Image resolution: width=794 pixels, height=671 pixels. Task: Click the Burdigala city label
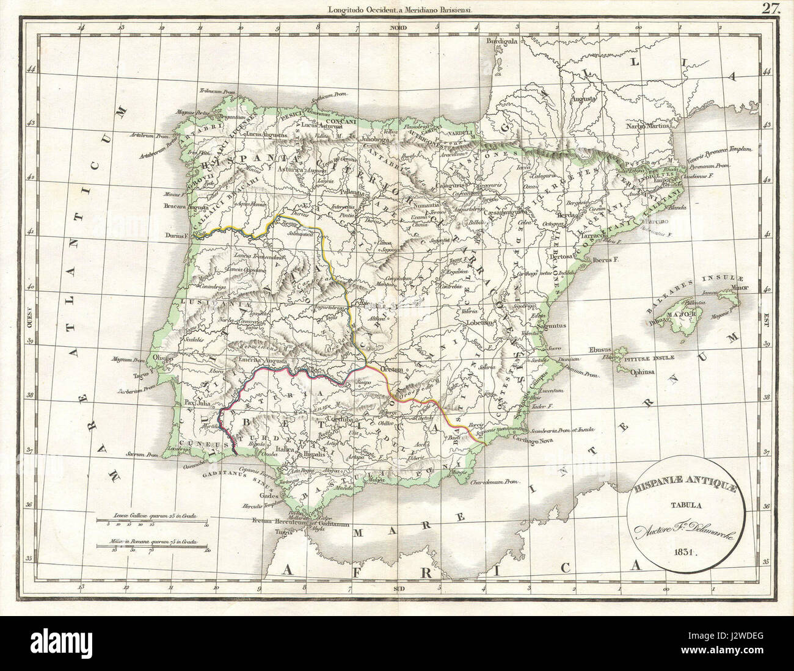pos(501,42)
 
